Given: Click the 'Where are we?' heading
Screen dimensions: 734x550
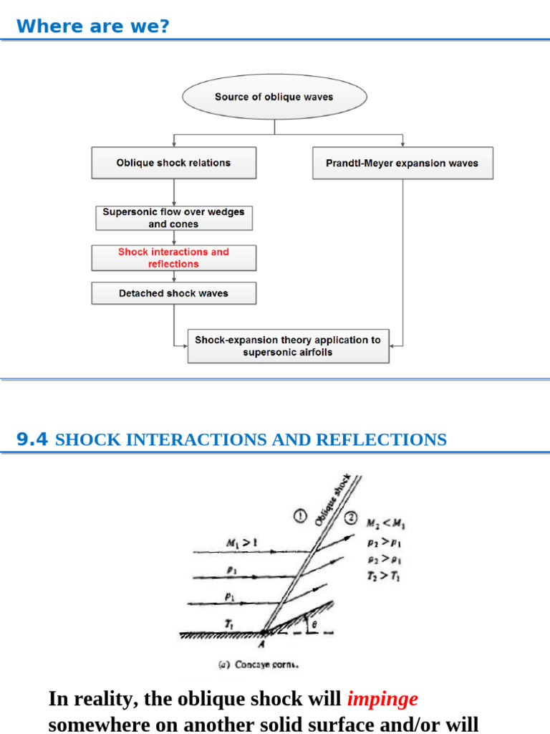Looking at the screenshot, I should click(x=93, y=27).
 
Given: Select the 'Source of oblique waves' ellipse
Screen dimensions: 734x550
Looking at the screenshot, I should click(x=274, y=97).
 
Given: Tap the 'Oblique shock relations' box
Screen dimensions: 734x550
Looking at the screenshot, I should click(x=173, y=163).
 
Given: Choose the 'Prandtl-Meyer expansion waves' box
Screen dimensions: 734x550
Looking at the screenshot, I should click(x=402, y=163).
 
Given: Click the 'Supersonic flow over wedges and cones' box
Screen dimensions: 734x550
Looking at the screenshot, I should click(x=173, y=218).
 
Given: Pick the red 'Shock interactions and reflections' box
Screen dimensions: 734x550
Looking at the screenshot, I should click(x=173, y=258).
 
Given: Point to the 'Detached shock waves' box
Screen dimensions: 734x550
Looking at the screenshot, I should click(x=173, y=293).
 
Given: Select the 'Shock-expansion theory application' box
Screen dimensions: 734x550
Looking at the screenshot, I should click(x=288, y=345).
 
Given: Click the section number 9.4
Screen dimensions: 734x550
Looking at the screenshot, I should click(x=32, y=439).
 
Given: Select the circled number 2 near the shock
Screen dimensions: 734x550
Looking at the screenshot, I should click(x=352, y=518).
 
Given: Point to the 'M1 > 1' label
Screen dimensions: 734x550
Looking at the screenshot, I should click(x=242, y=543).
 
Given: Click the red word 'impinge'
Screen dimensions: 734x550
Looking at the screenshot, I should click(x=382, y=698).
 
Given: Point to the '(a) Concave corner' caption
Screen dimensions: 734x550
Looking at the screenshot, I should click(x=258, y=664).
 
